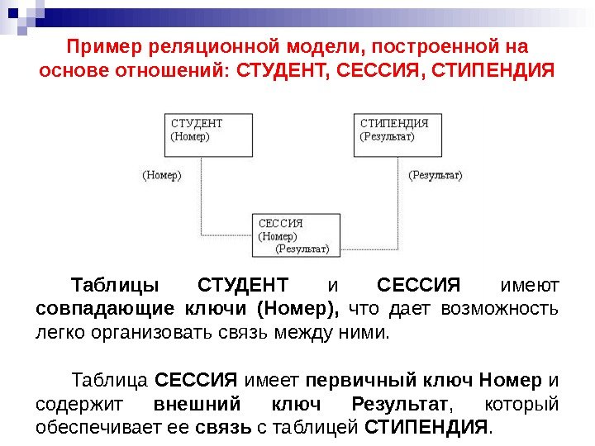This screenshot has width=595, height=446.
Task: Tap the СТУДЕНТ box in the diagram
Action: pos(211,134)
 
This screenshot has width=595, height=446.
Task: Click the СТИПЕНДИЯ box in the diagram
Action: pos(399,134)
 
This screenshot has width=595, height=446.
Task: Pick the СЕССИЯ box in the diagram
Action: pos(296,235)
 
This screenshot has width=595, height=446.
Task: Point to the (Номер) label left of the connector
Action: pos(161,175)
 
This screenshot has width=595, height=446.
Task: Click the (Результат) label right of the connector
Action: pos(436,175)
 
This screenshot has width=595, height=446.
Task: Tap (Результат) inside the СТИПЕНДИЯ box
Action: pos(388,137)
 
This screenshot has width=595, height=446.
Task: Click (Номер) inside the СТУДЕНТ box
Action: pos(190,137)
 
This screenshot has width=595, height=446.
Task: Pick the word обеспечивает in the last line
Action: pos(89,428)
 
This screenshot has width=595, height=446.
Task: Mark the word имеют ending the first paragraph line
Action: pos(530,287)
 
